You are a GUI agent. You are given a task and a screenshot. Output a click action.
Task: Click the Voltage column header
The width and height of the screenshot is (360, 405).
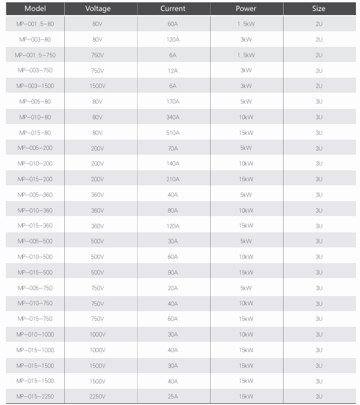tap(97, 9)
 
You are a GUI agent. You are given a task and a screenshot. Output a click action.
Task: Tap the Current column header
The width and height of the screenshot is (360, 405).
tap(173, 9)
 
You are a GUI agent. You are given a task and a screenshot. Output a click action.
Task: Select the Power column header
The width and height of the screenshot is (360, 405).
tap(246, 9)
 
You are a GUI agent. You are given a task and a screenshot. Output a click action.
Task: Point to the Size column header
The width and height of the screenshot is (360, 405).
tap(319, 9)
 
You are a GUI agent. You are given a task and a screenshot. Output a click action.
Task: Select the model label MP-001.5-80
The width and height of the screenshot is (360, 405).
tap(35, 24)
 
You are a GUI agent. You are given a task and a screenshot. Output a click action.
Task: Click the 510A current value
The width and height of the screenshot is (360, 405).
tap(173, 132)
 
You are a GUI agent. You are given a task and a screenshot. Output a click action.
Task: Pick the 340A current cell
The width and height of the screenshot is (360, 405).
tap(173, 117)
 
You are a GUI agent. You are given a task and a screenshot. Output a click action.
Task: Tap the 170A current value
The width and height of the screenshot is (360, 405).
tap(173, 101)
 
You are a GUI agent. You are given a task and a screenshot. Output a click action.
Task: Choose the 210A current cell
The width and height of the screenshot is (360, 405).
tap(173, 179)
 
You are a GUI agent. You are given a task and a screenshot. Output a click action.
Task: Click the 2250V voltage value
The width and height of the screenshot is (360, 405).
tap(97, 396)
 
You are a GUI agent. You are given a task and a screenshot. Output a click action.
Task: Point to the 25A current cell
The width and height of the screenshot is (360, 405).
tap(173, 396)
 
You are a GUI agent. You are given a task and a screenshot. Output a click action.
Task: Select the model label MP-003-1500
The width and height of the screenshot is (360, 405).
tap(35, 86)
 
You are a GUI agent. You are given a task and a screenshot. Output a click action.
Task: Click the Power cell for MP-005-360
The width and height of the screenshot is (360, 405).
tap(246, 195)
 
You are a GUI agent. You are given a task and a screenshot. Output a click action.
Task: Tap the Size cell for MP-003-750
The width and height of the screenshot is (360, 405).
tap(319, 70)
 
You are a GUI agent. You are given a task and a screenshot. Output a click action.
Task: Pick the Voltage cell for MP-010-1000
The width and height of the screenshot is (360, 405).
tap(97, 334)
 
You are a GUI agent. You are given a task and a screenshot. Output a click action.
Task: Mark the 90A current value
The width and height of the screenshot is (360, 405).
tap(173, 272)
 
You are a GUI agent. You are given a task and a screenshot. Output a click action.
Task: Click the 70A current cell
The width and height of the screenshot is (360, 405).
tap(173, 148)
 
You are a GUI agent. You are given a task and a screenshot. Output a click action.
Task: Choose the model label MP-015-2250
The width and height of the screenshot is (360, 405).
tap(35, 396)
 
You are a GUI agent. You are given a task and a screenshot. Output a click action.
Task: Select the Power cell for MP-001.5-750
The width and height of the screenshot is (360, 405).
tap(246, 55)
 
